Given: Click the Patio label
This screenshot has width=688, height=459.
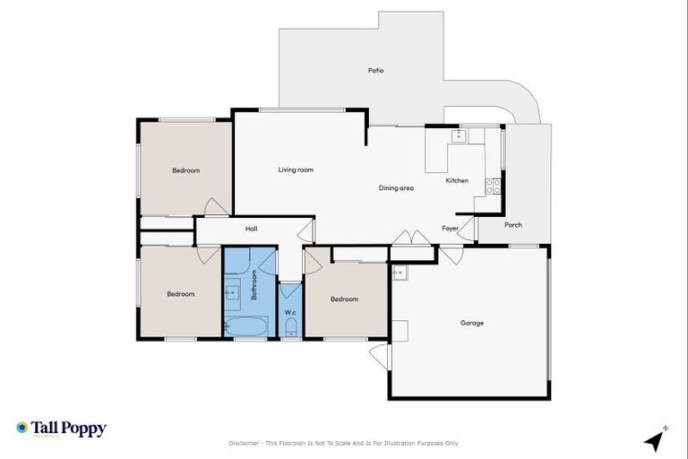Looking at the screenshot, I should (376, 70).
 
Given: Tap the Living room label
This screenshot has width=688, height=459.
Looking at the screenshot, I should (296, 169).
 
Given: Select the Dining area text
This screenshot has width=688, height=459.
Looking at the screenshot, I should (396, 188).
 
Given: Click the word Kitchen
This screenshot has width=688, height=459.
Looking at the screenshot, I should (457, 181).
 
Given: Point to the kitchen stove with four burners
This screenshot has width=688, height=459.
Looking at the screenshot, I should (494, 186).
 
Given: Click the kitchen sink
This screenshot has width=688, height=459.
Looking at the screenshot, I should (459, 135).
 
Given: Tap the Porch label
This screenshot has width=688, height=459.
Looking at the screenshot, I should (513, 225).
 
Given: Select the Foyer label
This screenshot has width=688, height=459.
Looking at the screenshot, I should (451, 229).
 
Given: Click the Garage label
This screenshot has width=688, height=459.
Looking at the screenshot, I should (472, 323).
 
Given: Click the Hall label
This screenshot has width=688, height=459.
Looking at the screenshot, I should (252, 229).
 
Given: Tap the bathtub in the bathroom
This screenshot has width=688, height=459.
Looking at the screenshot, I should (245, 325).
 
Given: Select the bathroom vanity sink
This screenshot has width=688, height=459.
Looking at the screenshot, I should (231, 291).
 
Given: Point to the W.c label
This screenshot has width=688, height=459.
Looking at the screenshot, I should (290, 312).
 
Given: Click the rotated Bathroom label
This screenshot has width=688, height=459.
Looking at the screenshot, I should (254, 284).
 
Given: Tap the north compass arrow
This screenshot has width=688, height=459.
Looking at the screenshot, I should (656, 439).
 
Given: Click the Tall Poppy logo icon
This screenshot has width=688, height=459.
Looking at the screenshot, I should (22, 429).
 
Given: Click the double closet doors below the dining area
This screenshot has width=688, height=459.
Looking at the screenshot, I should (411, 238).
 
